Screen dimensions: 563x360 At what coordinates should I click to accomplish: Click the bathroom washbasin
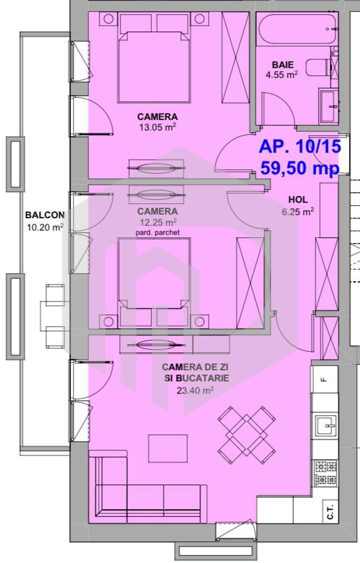[328, 106]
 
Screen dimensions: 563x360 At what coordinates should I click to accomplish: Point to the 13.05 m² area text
[157, 128]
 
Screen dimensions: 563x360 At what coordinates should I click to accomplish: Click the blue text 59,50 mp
[299, 168]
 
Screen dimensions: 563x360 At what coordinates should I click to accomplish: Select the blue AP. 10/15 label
[299, 147]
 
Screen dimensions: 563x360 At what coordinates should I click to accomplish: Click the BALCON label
[44, 215]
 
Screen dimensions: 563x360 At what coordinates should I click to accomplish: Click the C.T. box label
[330, 512]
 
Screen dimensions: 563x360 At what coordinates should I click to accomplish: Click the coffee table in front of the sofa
[167, 448]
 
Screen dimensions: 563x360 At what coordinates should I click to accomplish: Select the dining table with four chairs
[246, 431]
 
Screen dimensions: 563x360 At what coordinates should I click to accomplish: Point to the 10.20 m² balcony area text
[44, 227]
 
